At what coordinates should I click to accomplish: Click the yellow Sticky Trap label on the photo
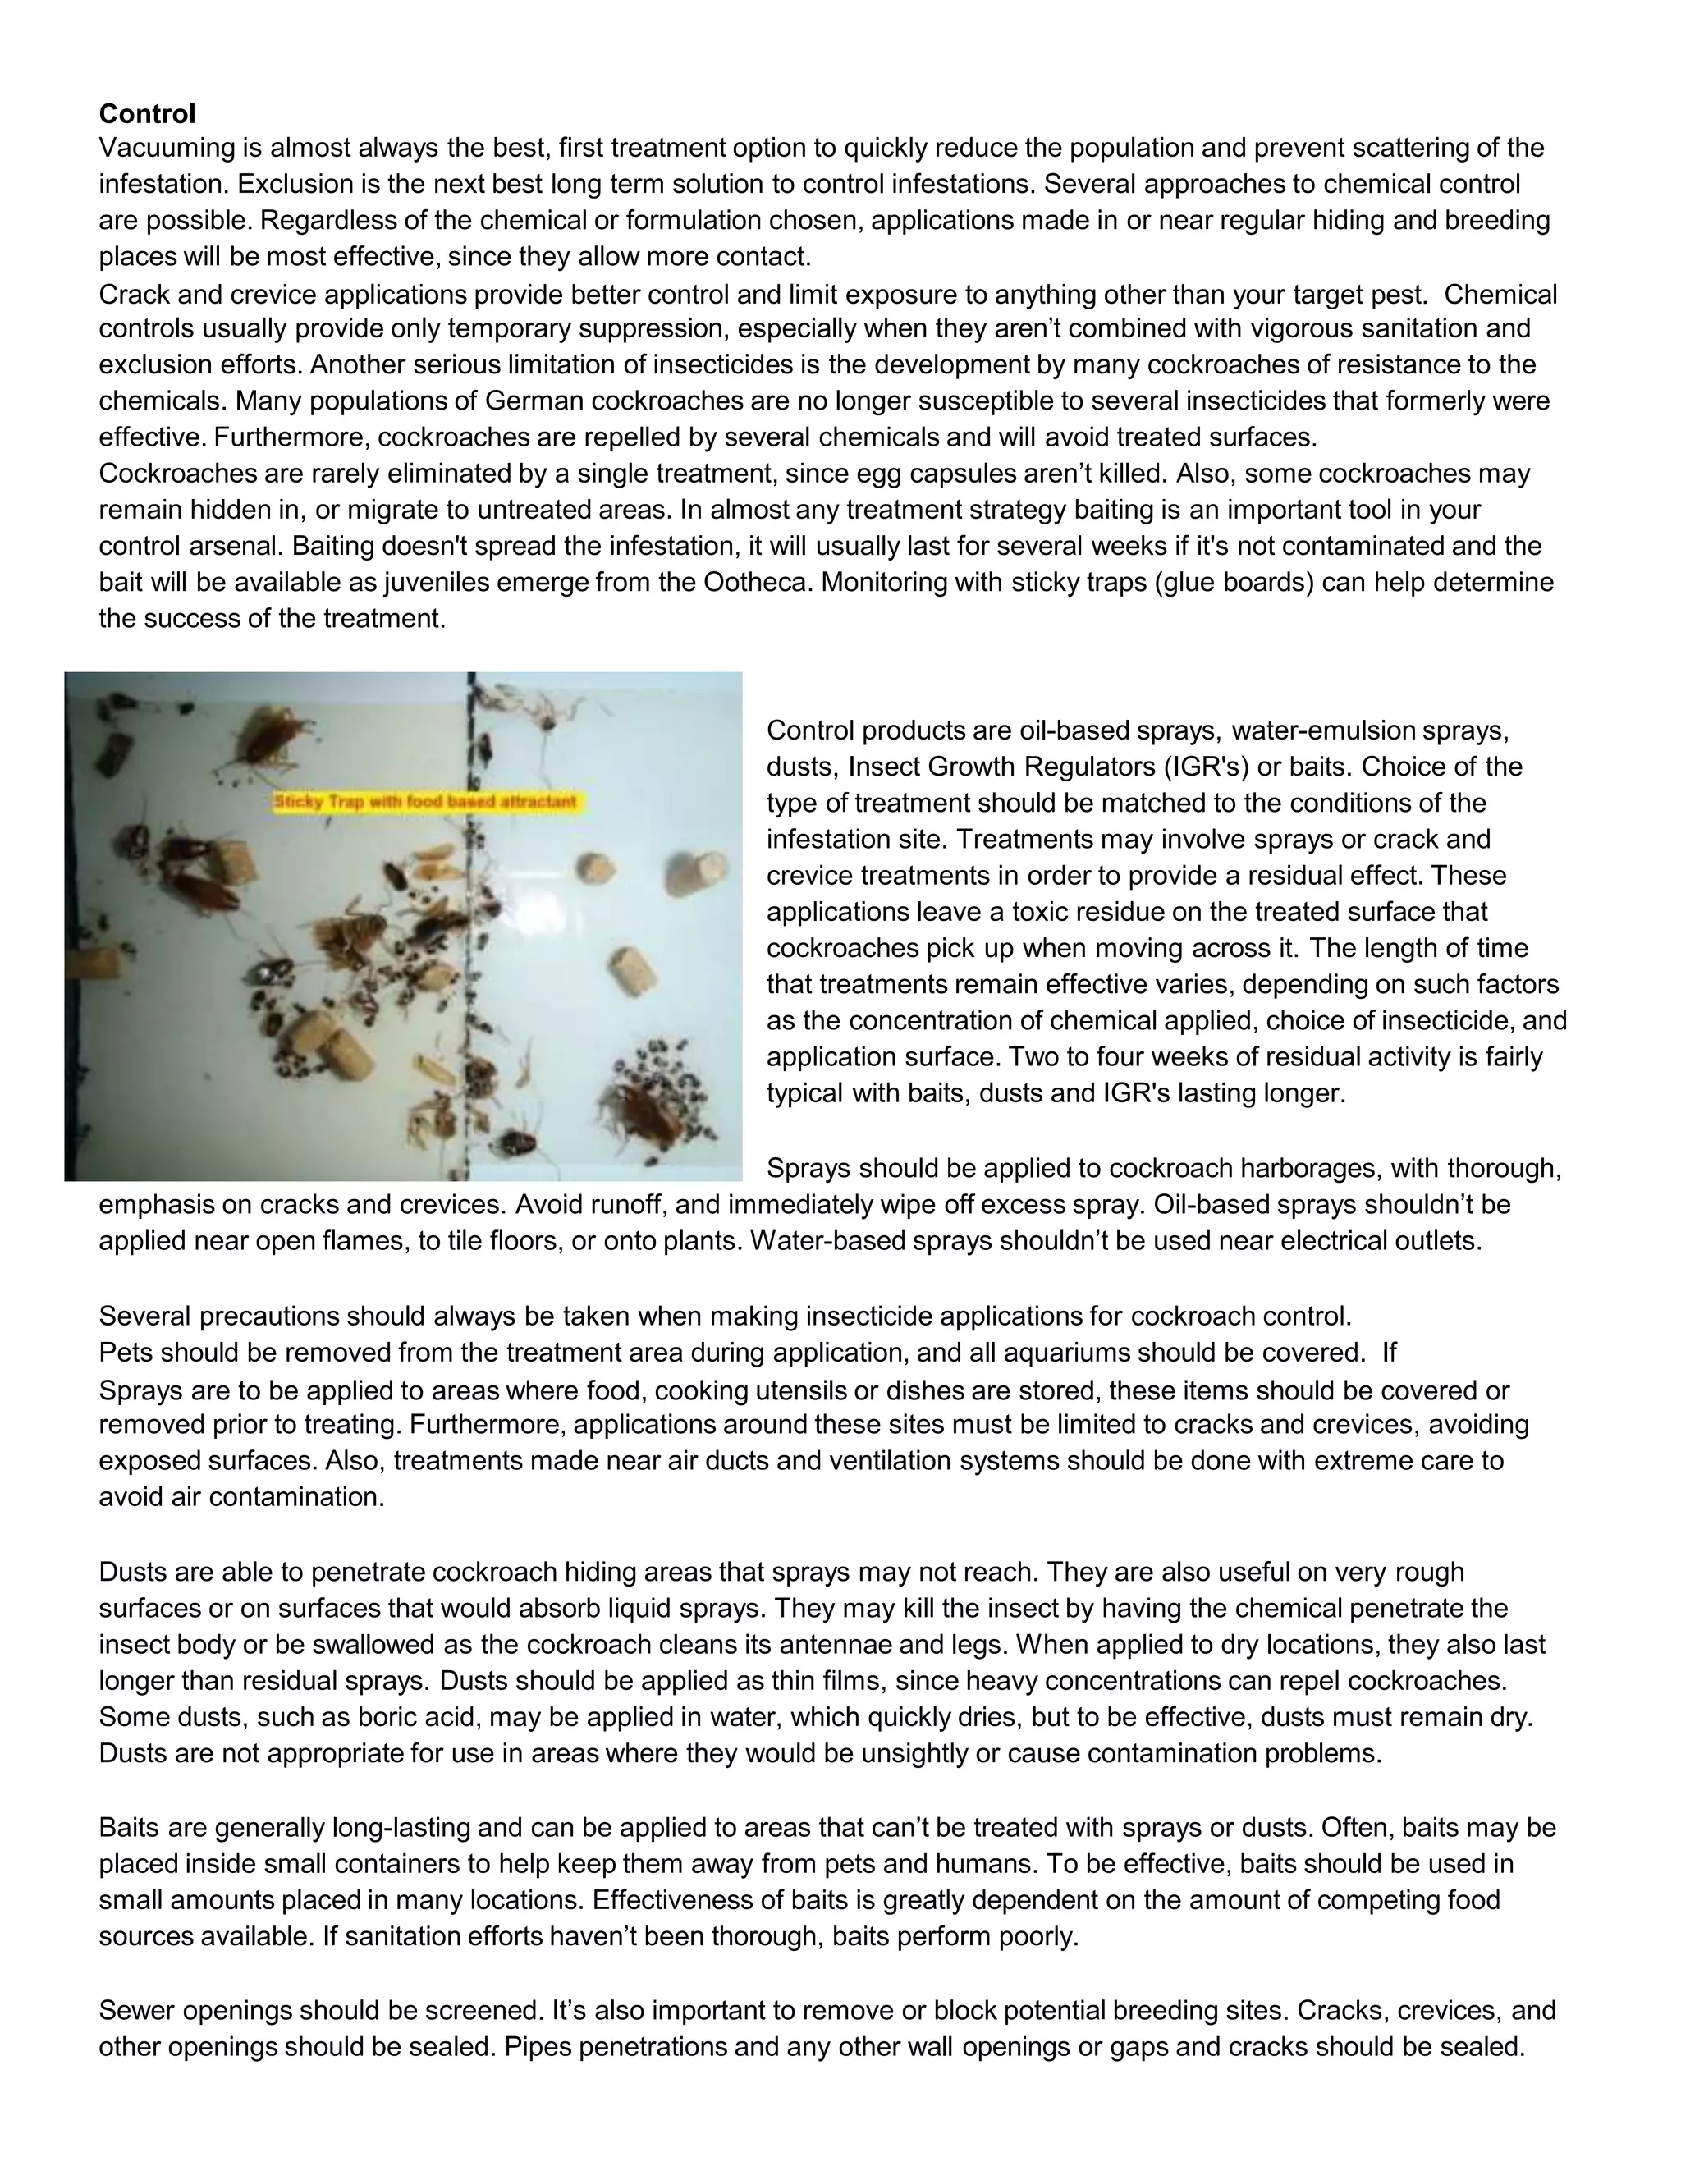pyautogui.click(x=425, y=802)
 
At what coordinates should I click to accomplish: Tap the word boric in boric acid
pyautogui.click(x=387, y=1717)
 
